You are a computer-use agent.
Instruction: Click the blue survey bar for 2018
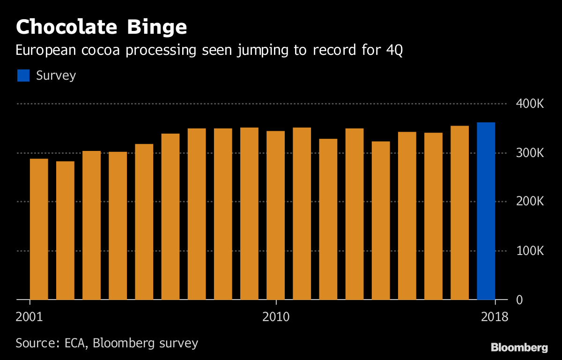click(486, 211)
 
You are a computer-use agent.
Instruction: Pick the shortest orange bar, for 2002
click(65, 230)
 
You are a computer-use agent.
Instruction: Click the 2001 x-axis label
click(29, 316)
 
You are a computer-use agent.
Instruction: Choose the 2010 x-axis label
click(276, 316)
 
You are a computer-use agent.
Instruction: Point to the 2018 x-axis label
click(495, 316)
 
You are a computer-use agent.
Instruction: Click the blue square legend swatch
click(23, 75)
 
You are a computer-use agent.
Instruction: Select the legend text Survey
click(56, 75)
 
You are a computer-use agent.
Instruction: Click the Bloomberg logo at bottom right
click(519, 348)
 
